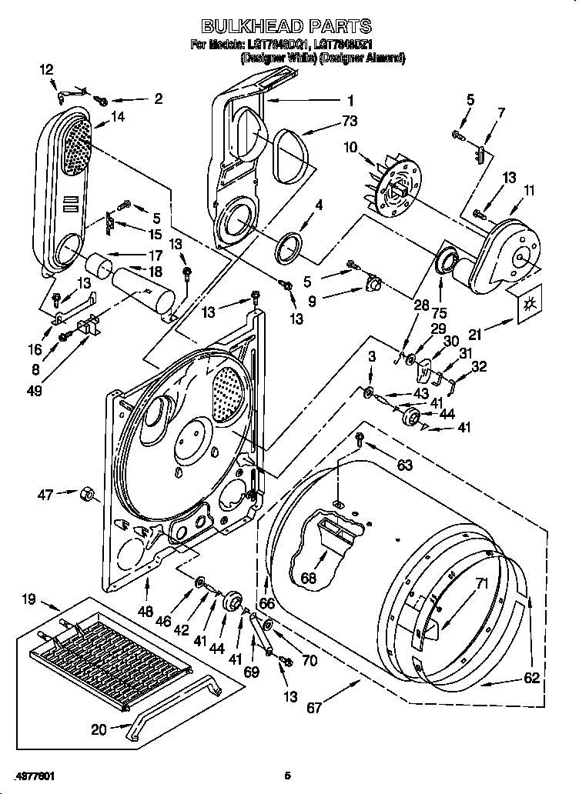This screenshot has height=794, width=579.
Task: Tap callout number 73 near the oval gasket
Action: coord(350,122)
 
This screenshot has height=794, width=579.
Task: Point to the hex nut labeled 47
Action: coord(87,494)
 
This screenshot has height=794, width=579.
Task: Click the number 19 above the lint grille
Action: coord(28,599)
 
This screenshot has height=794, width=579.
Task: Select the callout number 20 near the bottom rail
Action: coord(99,729)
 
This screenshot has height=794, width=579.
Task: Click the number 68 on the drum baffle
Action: coord(310,578)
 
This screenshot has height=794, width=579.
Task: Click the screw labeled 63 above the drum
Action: coord(360,439)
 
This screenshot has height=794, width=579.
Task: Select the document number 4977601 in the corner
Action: coord(35,776)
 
